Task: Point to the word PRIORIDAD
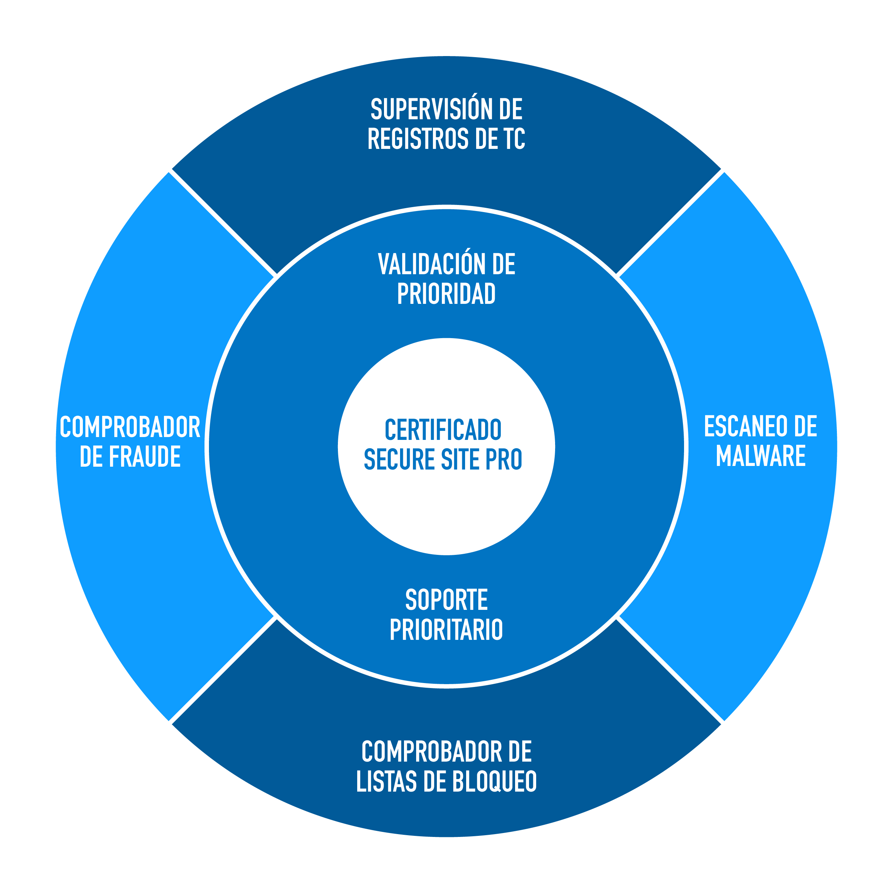446,294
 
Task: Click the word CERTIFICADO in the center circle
443,430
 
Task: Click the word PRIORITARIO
446,629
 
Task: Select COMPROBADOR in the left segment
130,427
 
